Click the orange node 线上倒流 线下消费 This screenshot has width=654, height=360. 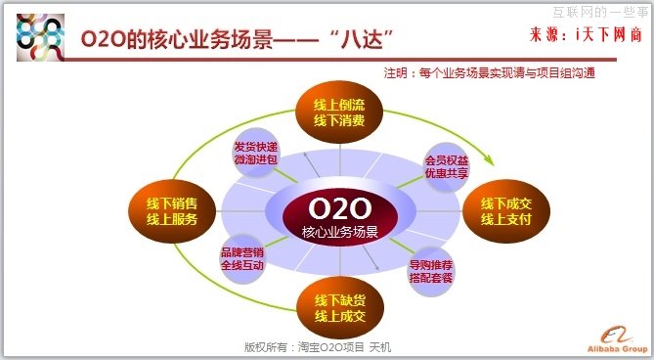(x=339, y=112)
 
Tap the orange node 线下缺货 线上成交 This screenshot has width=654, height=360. (x=339, y=307)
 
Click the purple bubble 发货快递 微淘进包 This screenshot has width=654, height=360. (x=256, y=154)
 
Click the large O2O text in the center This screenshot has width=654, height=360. (x=339, y=208)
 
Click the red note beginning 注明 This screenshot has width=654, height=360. (x=489, y=73)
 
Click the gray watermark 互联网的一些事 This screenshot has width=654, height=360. (x=597, y=11)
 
